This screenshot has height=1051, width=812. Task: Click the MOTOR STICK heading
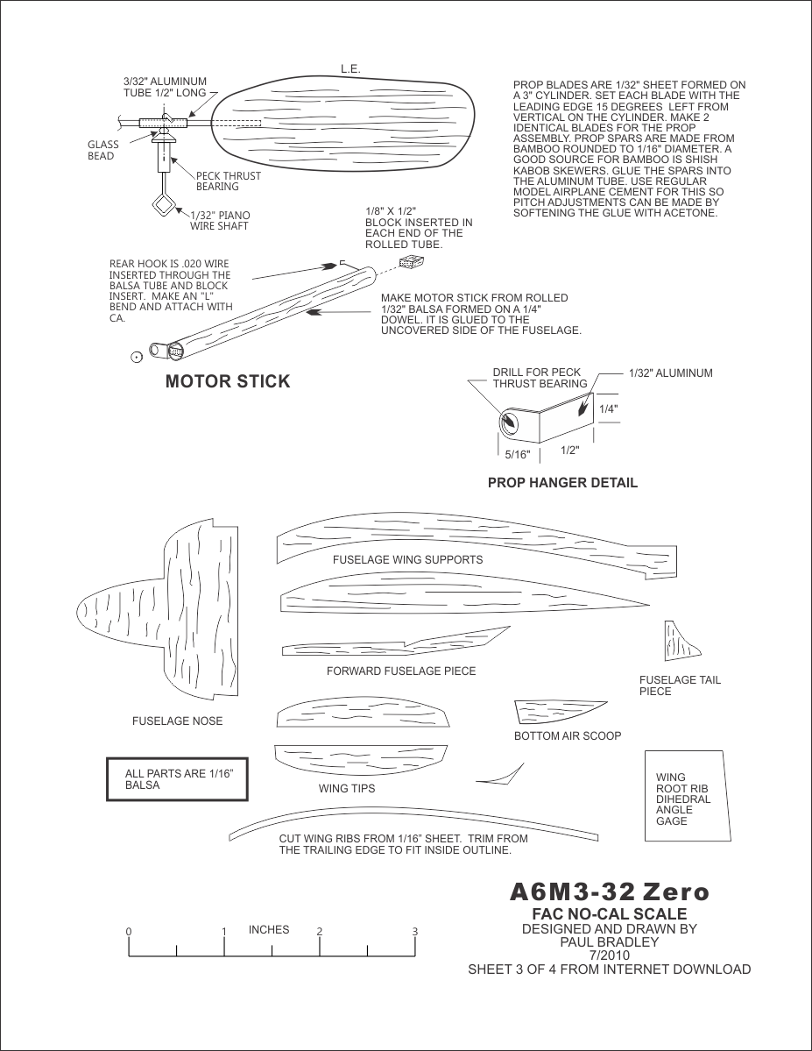(x=227, y=381)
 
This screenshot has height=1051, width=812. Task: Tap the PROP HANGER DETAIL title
(x=562, y=483)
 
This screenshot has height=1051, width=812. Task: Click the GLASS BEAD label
(x=102, y=151)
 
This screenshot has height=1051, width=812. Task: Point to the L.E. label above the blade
(x=350, y=69)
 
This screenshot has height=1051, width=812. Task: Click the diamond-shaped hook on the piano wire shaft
(x=163, y=206)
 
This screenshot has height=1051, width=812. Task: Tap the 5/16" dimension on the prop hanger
(x=519, y=455)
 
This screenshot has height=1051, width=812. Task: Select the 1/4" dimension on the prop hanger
(x=609, y=408)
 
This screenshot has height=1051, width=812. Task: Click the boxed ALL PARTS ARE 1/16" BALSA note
(x=176, y=779)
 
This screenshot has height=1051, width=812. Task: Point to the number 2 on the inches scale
(x=320, y=931)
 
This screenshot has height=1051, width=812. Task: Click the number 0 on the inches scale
(x=128, y=932)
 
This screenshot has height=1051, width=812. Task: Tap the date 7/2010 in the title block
(x=609, y=955)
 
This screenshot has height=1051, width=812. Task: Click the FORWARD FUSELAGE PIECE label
(x=401, y=671)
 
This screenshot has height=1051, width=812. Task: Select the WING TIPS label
(x=347, y=789)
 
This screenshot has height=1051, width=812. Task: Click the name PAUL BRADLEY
(x=609, y=942)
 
